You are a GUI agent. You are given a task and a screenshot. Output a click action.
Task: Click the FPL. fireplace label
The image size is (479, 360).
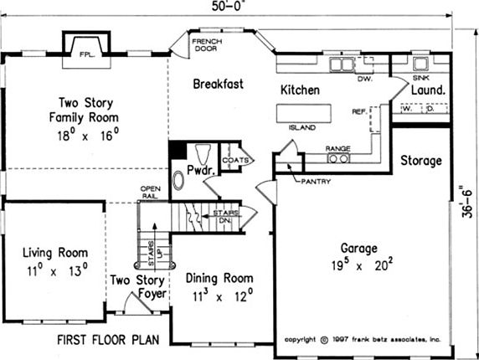click(87, 55)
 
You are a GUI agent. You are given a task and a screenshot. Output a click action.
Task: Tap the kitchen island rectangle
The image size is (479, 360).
click(304, 113)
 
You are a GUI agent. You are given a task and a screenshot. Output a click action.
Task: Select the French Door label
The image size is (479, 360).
click(207, 45)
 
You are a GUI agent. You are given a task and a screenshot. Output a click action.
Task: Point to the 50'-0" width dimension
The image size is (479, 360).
click(229, 7)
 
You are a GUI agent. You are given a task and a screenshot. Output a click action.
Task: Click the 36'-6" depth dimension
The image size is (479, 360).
click(467, 202)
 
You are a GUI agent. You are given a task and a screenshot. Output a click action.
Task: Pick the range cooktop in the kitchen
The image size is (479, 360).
click(338, 158)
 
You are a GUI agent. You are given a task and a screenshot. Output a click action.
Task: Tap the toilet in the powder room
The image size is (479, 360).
click(203, 154)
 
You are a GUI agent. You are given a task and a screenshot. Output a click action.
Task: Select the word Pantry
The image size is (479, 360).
click(316, 182)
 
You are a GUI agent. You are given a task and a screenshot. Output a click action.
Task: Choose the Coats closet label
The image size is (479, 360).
click(235, 160)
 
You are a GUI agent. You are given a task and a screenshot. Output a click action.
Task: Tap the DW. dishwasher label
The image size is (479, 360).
click(365, 79)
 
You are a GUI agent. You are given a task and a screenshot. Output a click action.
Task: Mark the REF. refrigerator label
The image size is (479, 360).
click(359, 111)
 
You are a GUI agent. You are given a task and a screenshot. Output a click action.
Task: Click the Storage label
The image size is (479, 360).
click(421, 161)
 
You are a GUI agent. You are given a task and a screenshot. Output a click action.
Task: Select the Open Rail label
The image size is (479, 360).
click(150, 193)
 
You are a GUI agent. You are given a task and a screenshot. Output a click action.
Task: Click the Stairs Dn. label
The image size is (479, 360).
click(225, 216)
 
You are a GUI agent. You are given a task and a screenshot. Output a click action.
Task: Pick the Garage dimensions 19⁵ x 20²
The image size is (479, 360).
click(363, 264)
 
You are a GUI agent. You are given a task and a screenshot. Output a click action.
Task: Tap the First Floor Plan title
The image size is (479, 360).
click(108, 340)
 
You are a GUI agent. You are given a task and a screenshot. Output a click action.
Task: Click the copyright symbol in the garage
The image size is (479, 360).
click(324, 340)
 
